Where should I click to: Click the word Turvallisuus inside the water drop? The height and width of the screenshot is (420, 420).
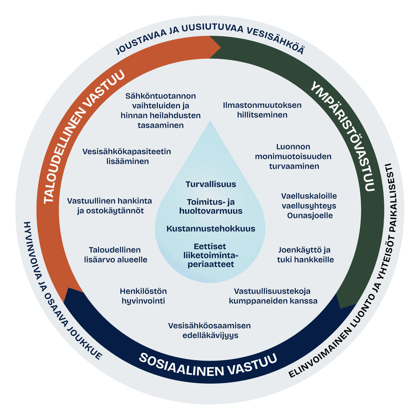tap(211, 184)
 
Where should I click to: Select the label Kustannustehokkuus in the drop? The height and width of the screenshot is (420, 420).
tap(211, 229)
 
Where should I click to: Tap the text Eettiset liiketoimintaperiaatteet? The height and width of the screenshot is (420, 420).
tap(211, 255)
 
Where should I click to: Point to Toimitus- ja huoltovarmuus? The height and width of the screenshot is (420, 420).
tap(211, 206)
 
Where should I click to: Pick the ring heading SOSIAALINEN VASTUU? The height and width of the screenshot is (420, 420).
tap(208, 364)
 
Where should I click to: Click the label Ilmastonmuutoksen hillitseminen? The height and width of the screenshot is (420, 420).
tap(262, 110)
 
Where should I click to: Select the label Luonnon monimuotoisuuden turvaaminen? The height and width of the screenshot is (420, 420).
tap(293, 156)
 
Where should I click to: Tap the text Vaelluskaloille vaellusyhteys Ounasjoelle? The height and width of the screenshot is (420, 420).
tap(309, 206)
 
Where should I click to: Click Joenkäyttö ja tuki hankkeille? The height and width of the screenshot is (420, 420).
tap(305, 255)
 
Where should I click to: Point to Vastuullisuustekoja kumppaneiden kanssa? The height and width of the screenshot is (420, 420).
tap(273, 296)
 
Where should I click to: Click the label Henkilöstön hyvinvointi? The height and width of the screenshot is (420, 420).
tap(143, 296)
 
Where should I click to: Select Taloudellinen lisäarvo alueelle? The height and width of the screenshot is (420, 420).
tap(115, 255)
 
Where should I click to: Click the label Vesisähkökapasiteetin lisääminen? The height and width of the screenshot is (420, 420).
tap(127, 156)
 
